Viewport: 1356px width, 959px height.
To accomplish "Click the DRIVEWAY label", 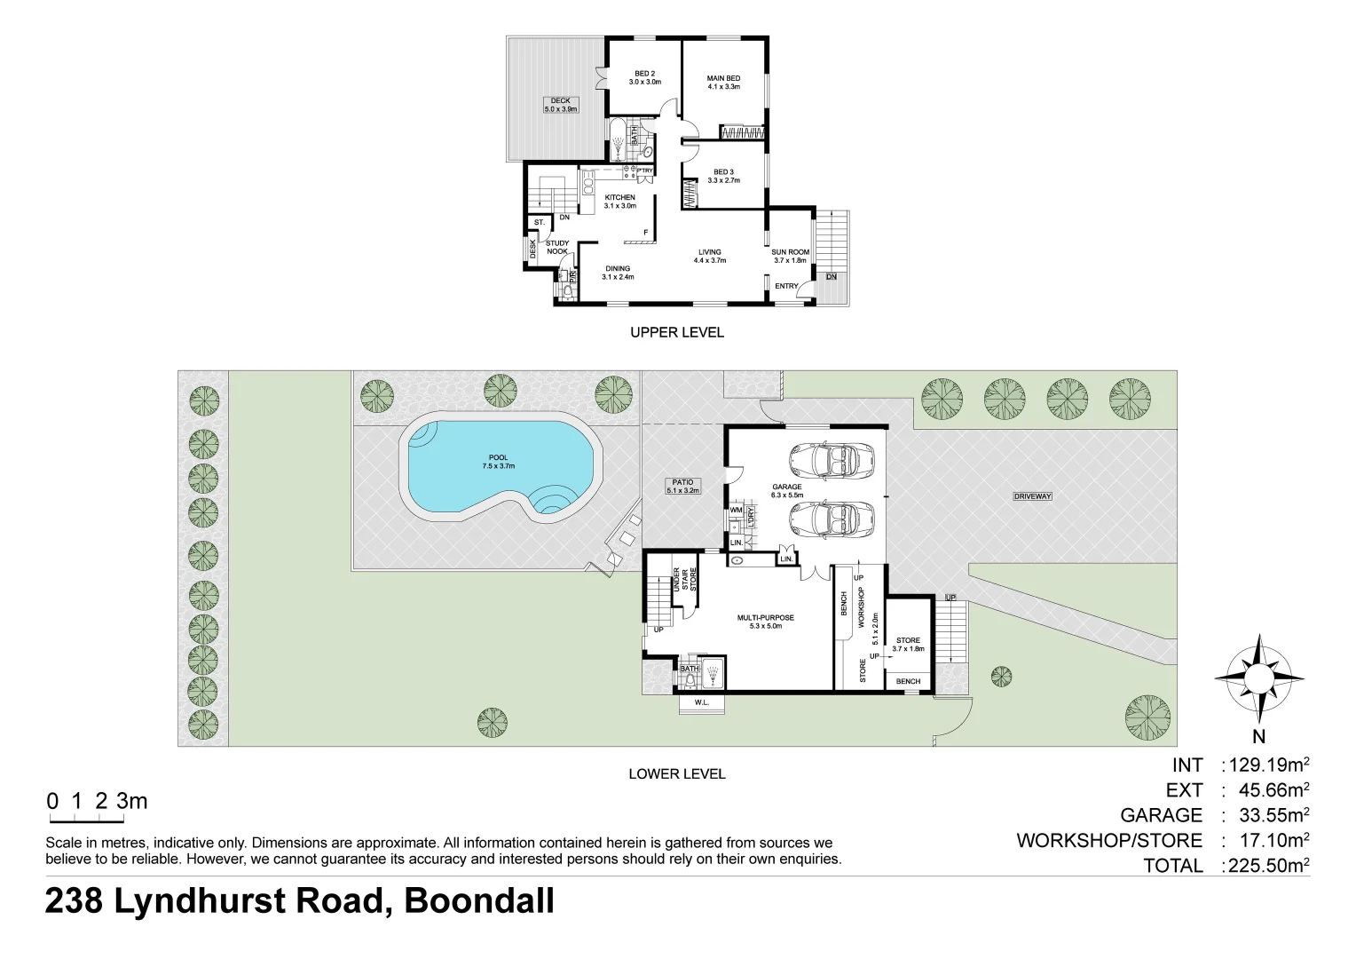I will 1032,496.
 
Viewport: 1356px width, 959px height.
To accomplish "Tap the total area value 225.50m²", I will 1266,865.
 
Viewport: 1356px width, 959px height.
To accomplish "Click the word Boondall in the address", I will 479,901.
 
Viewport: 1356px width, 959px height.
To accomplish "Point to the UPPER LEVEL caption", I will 676,332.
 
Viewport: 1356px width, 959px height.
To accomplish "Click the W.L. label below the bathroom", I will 701,703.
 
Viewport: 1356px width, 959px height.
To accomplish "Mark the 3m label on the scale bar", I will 131,801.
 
